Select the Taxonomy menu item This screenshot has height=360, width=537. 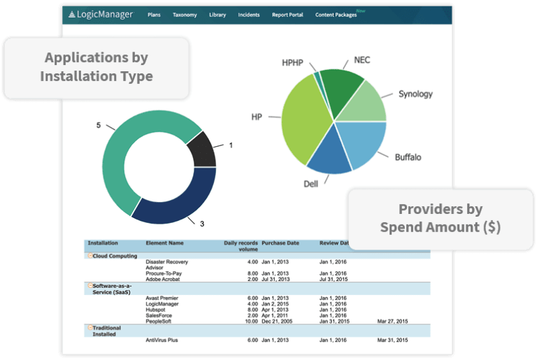coord(185,15)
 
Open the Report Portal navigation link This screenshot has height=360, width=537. coord(287,15)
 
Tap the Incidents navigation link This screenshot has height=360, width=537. coord(249,15)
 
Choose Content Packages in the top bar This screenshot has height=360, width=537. coord(336,15)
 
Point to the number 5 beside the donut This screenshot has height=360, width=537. coord(99,125)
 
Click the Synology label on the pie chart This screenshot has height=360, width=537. coord(415,94)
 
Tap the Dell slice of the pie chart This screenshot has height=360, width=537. coord(329,157)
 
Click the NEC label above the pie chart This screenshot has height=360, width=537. coord(362,60)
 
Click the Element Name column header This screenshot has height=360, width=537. coord(165,243)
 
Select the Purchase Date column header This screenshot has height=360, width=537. coord(280,243)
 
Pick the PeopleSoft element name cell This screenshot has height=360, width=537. coord(159,321)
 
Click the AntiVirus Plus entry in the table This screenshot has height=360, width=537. coord(162,340)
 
